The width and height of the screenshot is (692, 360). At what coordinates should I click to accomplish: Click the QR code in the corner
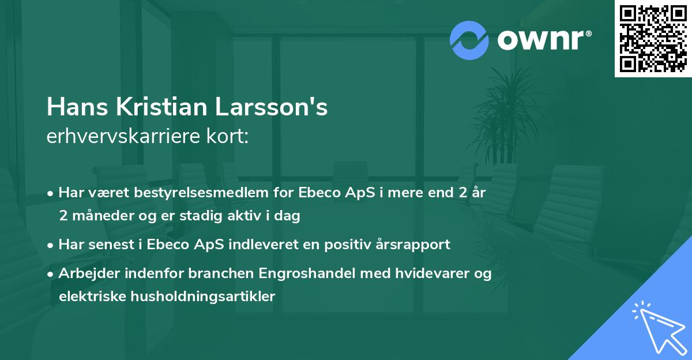pos(653,39)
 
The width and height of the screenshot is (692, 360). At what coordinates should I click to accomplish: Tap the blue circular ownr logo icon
pos(469,40)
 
